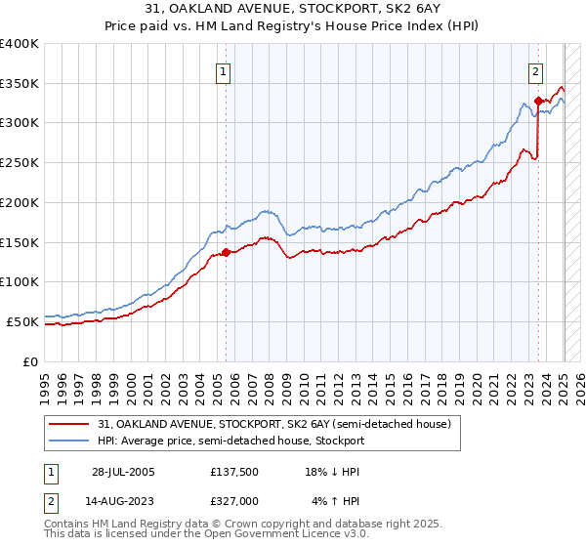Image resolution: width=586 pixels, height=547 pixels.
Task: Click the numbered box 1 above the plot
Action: coord(225,71)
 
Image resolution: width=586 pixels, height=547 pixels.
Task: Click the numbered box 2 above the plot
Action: coord(536,71)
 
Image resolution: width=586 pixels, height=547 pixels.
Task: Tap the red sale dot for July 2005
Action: coord(226,252)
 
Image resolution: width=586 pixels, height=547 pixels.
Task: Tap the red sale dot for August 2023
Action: coord(538,101)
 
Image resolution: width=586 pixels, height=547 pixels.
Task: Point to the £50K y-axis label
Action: coord(22,321)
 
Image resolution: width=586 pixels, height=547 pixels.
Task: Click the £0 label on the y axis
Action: coord(30,361)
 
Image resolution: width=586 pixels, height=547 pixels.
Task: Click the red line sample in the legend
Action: coord(68,425)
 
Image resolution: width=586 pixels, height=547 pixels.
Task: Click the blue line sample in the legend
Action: coord(68,441)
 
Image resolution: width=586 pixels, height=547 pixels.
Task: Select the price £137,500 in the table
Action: coord(233,472)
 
